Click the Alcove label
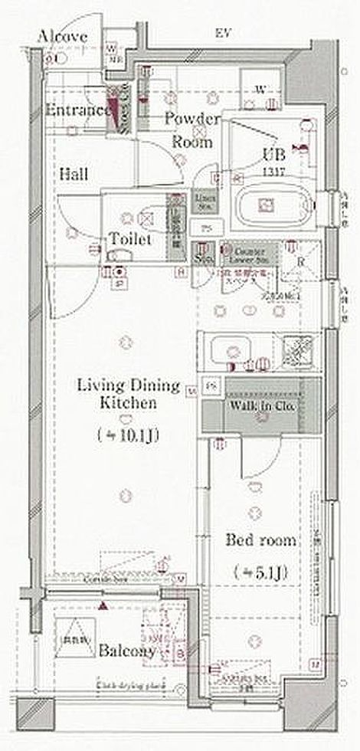(x=63, y=36)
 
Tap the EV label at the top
(x=223, y=32)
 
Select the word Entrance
(x=77, y=110)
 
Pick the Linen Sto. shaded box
(x=203, y=201)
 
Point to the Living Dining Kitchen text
(x=126, y=393)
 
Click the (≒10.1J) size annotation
(x=127, y=435)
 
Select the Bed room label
(x=260, y=540)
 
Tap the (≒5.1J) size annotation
(x=260, y=572)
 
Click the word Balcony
(x=126, y=651)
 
